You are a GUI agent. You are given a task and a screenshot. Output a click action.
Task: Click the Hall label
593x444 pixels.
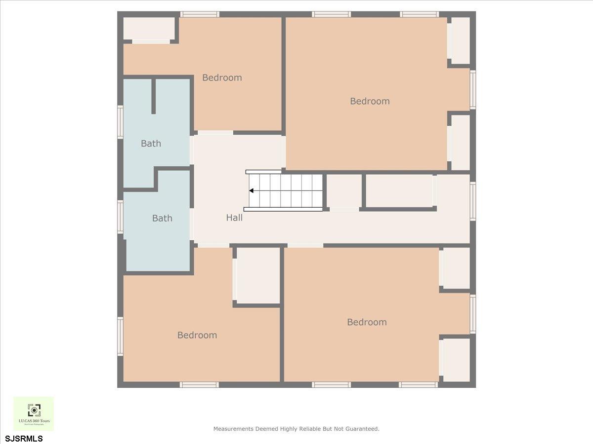click(234, 218)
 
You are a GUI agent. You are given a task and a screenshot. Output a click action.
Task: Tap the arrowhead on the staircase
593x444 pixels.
click(252, 190)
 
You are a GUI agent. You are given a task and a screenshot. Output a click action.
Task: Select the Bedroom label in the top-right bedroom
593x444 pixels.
click(370, 101)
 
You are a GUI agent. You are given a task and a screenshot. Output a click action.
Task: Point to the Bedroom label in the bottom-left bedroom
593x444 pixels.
click(197, 335)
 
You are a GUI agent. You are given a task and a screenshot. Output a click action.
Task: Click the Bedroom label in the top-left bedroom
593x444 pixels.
click(222, 77)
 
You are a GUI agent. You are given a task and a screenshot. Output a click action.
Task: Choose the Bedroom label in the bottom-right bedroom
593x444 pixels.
click(367, 322)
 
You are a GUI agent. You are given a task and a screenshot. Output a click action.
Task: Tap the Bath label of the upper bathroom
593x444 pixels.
click(151, 144)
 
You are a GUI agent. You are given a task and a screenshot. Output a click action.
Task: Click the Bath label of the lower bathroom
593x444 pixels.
click(162, 218)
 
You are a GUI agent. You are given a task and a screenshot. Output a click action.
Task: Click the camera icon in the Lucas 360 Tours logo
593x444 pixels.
click(34, 410)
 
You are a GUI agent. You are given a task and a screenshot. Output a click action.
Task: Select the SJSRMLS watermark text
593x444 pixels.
click(24, 438)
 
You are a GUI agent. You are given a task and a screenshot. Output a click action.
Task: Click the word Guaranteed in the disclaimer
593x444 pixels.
click(361, 429)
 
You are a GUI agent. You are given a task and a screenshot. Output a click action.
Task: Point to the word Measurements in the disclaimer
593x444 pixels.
click(233, 429)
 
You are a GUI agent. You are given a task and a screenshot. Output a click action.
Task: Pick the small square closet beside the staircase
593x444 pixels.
click(344, 191)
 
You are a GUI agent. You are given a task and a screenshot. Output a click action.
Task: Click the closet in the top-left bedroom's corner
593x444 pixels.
click(149, 29)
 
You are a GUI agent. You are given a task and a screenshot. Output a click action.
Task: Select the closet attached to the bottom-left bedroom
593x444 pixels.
click(258, 275)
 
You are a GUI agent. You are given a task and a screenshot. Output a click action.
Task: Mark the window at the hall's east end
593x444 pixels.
click(473, 201)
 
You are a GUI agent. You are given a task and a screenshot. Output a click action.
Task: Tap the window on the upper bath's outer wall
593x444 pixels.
click(120, 122)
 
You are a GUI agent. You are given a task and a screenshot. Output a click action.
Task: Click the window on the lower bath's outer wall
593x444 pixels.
click(120, 217)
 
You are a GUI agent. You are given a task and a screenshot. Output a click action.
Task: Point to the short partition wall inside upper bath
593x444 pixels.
click(154, 96)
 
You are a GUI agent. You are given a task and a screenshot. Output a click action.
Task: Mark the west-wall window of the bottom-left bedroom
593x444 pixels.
click(120, 336)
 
